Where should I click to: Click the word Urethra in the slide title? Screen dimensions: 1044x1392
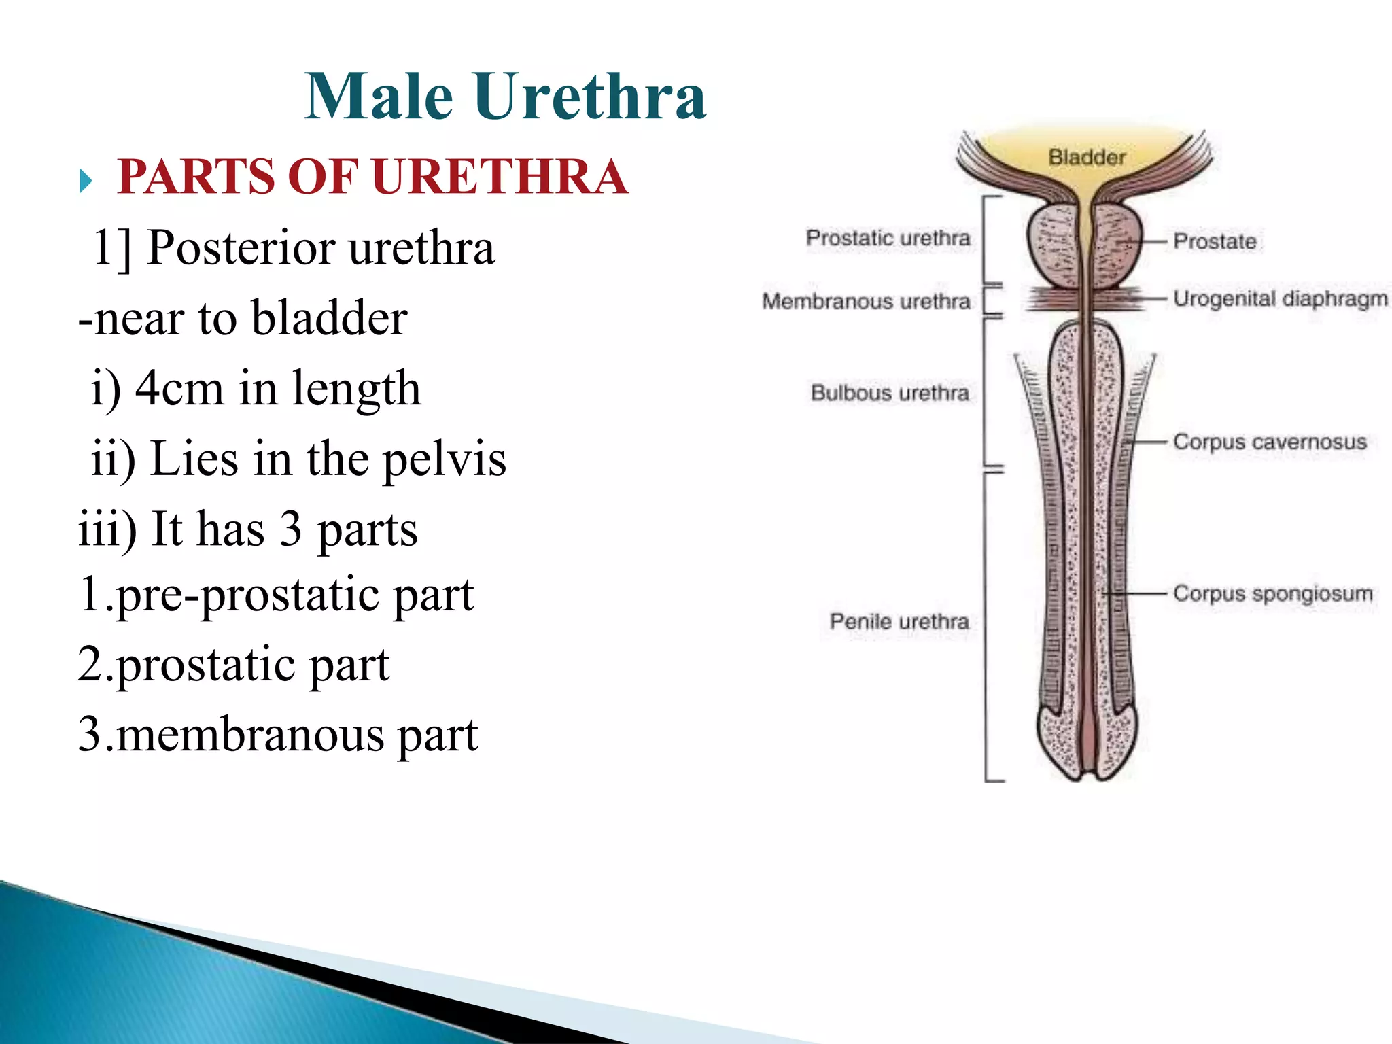click(590, 97)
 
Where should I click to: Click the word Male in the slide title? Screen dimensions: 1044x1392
click(379, 97)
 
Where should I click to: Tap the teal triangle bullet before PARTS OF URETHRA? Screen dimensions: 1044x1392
click(86, 181)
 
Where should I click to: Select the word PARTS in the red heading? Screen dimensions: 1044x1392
click(196, 177)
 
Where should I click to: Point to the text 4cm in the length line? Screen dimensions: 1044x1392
click(179, 389)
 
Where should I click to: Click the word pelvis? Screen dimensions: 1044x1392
click(445, 459)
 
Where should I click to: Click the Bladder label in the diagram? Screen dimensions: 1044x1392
click(1087, 157)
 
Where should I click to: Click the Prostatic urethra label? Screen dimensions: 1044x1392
click(888, 238)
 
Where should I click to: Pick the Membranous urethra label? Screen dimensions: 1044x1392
click(866, 300)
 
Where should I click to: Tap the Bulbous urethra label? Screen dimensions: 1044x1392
click(890, 392)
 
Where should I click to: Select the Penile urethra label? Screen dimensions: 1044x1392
click(899, 621)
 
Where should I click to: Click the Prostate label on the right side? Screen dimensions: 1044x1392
click(1215, 241)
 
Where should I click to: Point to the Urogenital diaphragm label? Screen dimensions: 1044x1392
click(1281, 298)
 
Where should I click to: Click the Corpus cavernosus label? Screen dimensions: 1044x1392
click(1270, 441)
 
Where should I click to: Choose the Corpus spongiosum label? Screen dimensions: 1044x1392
click(1273, 593)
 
